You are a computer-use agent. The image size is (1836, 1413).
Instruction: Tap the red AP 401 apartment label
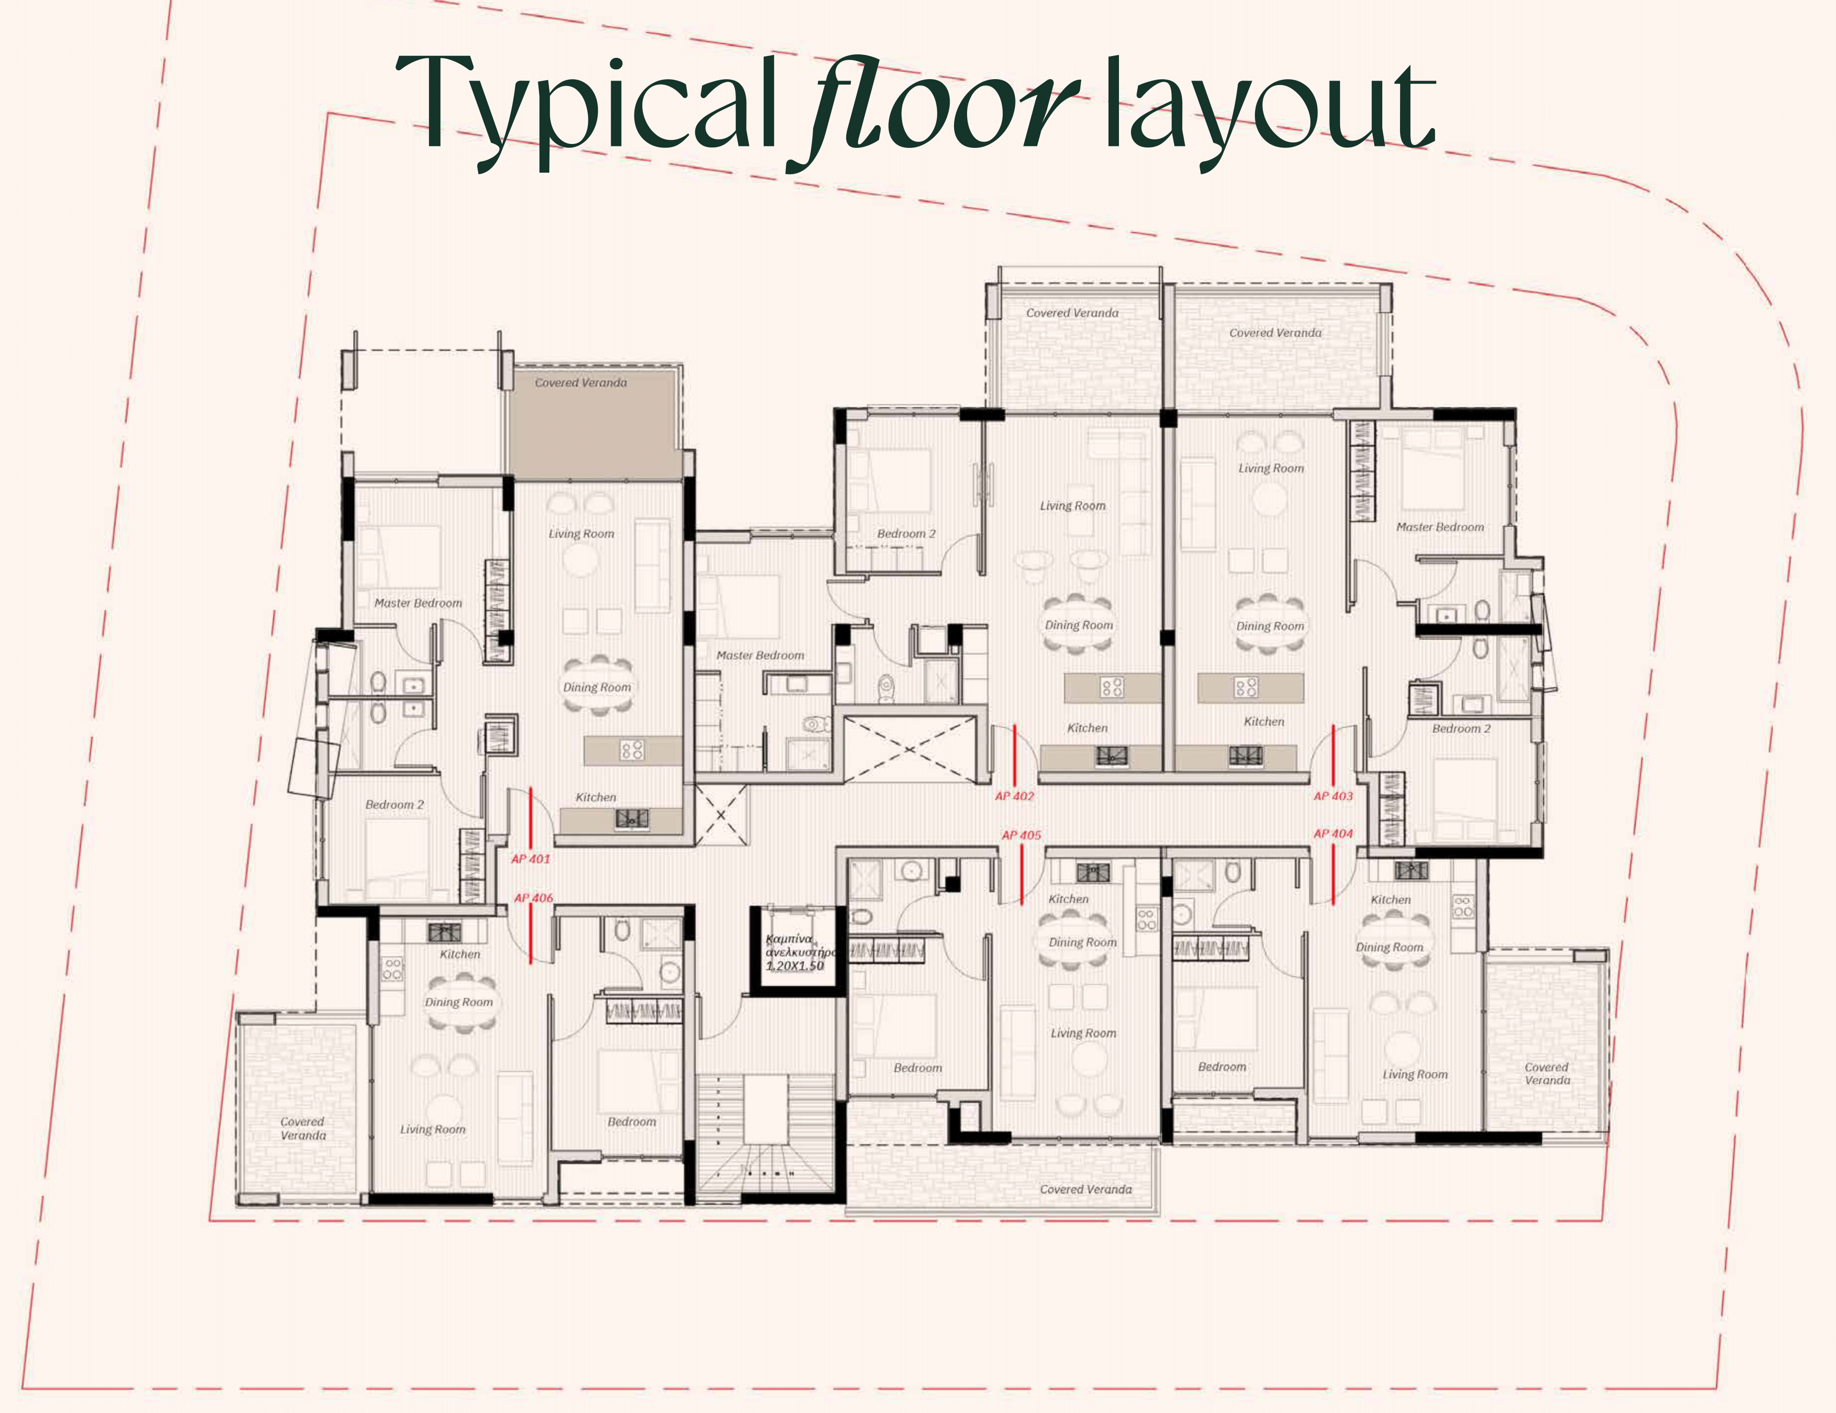click(x=531, y=858)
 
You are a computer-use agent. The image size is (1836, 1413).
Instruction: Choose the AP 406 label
click(x=534, y=898)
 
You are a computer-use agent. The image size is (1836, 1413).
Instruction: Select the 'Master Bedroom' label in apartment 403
click(x=1440, y=527)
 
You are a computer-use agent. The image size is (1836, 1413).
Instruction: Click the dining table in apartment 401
click(x=597, y=687)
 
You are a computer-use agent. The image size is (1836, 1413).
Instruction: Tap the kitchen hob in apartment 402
click(x=1112, y=688)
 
